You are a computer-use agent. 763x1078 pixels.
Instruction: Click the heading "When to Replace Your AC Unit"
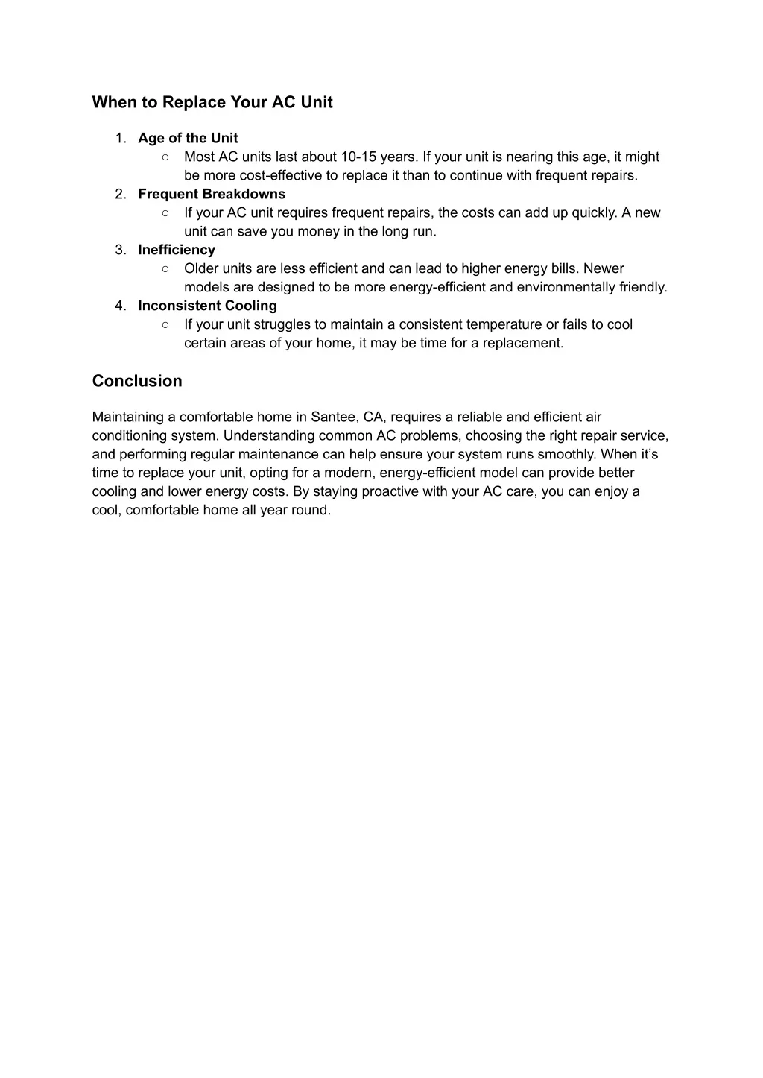[212, 102]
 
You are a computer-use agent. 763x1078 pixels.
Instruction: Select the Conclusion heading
[137, 381]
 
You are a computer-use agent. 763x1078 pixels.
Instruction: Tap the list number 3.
[120, 250]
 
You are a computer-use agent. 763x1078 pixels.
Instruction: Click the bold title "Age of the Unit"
[188, 138]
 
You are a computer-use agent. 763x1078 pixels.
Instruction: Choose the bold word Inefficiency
[177, 250]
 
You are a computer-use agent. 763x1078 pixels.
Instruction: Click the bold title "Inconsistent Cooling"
[207, 306]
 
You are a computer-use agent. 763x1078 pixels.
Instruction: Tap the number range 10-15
[358, 157]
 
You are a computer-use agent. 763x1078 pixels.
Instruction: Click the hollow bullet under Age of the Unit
[165, 157]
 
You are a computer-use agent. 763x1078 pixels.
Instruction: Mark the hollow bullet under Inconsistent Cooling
[165, 324]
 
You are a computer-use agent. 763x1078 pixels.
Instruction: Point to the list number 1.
[120, 138]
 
